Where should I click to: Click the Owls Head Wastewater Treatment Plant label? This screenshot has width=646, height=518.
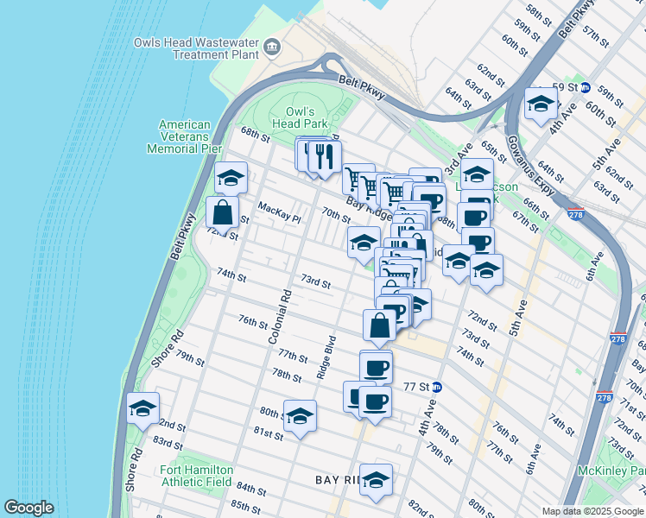(196, 47)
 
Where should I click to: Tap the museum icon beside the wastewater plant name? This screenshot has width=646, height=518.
(275, 47)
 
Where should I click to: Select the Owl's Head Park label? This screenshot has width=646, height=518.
(307, 117)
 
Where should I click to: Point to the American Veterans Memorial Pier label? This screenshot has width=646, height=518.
(185, 136)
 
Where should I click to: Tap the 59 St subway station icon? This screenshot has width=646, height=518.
(585, 87)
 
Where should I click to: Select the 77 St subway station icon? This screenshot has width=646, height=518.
(437, 388)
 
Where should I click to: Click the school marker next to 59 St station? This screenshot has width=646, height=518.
(541, 104)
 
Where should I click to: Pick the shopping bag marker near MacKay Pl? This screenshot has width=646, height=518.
(222, 212)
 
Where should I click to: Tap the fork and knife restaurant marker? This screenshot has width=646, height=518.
(325, 157)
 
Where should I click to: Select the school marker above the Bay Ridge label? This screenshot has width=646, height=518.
(376, 481)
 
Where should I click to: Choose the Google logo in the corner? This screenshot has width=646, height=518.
(28, 508)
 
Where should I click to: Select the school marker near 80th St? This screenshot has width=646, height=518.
(300, 416)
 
